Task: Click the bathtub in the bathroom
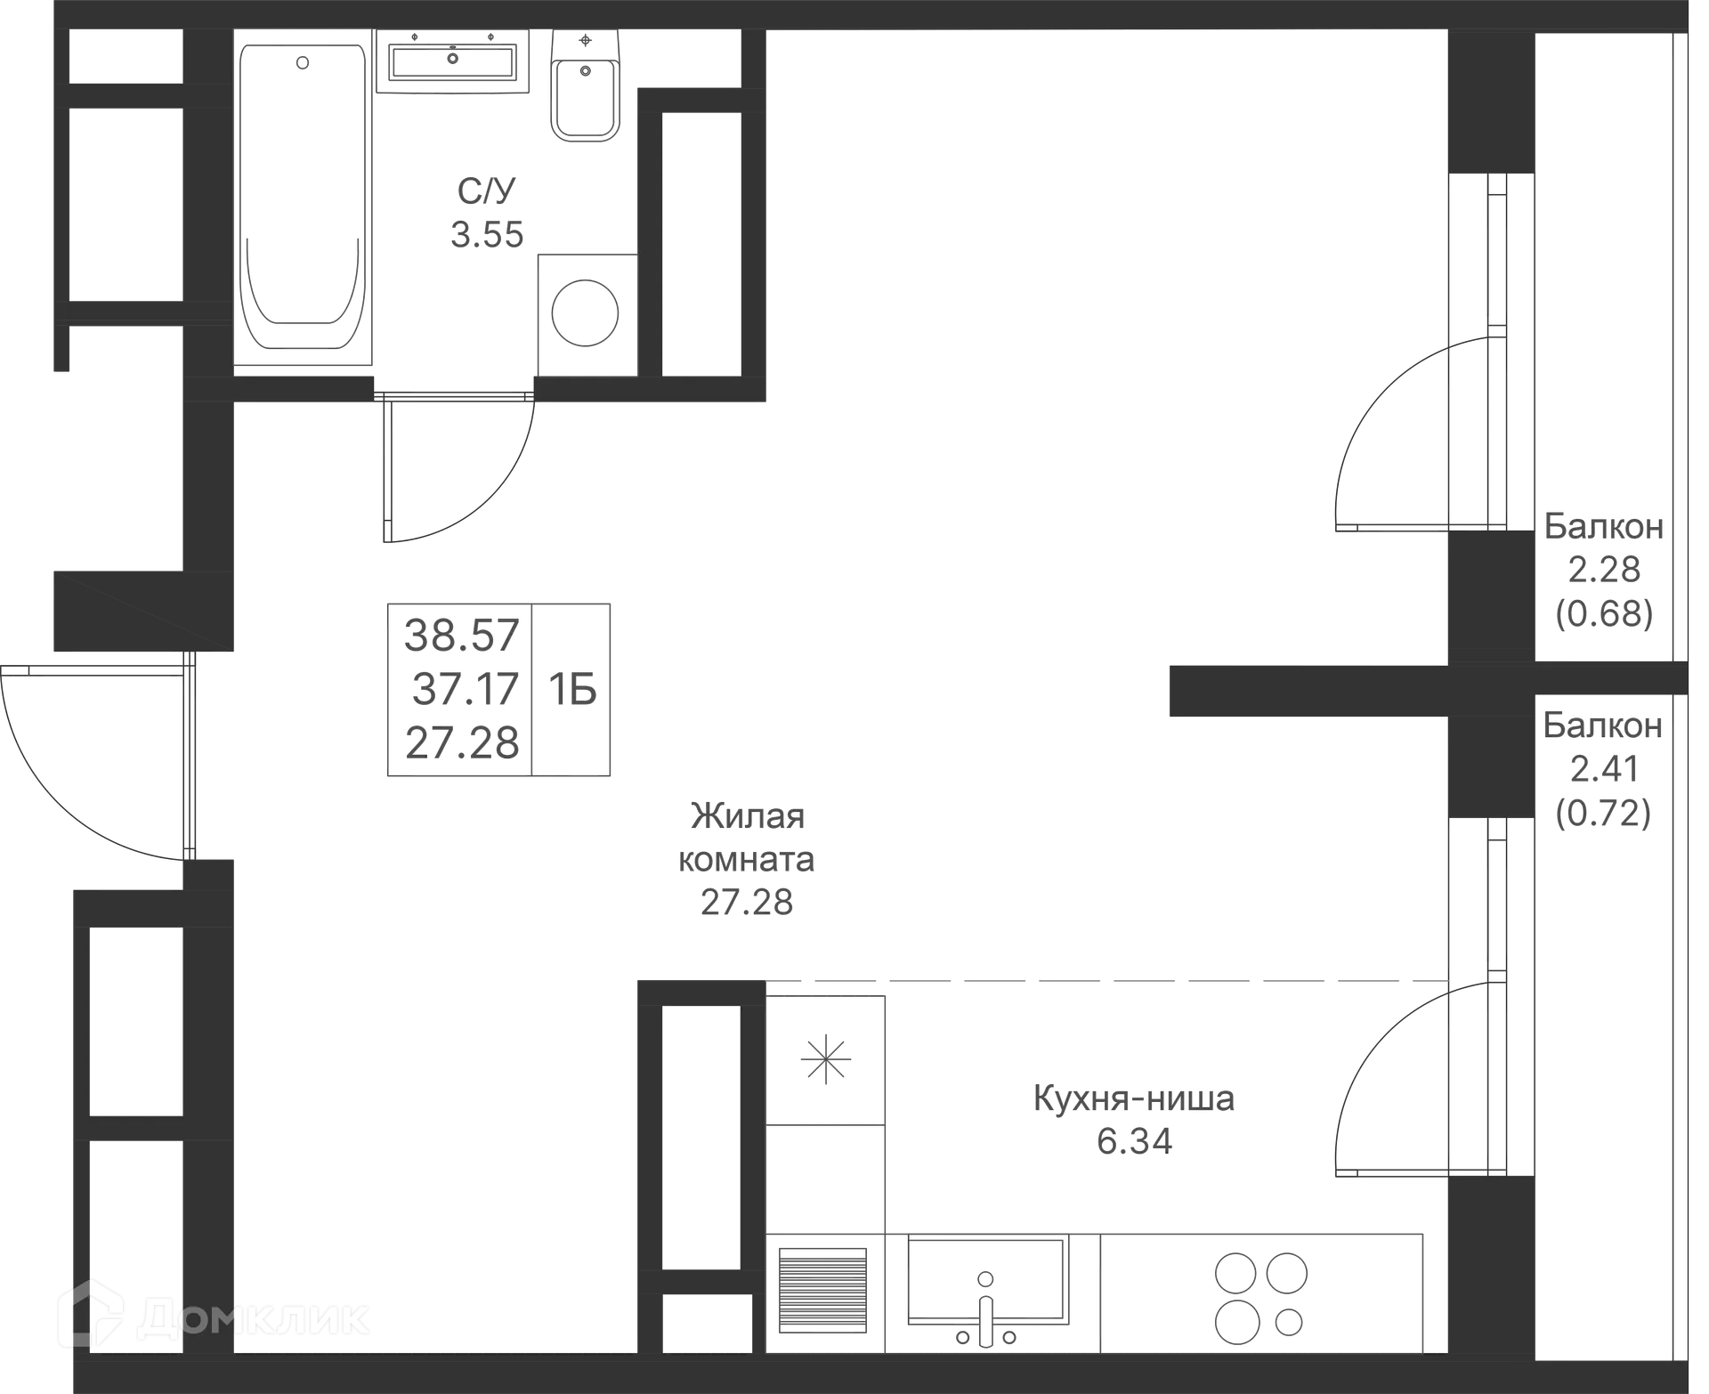pos(303,197)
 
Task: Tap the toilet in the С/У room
pos(585,85)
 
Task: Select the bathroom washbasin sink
pos(453,61)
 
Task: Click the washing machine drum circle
pos(585,312)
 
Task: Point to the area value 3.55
pos(487,235)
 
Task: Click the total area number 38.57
pos(461,636)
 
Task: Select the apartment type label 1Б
pos(571,690)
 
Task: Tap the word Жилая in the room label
pos(748,815)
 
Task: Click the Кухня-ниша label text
pos(1134,1098)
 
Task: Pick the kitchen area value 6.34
pos(1134,1141)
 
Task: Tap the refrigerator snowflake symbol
pos(826,1059)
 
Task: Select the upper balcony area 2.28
pos(1604,570)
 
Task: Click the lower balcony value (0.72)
pos(1603,812)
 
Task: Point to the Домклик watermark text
pos(214,1318)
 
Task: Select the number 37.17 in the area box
pos(466,689)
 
